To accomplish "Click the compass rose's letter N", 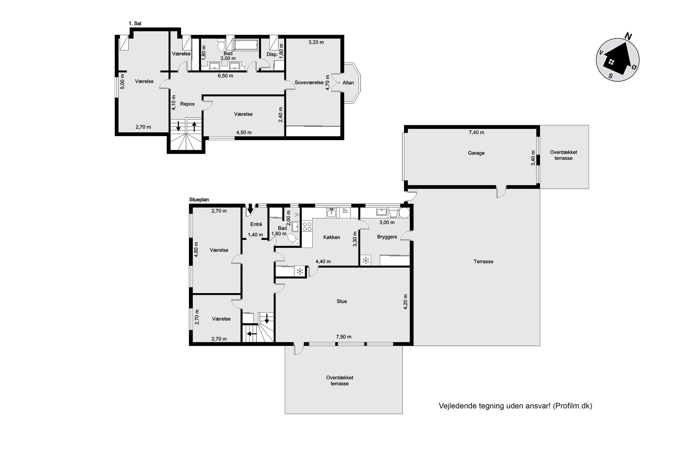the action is [628, 36].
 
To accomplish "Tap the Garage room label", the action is [476, 153].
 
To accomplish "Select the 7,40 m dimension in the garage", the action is [476, 132].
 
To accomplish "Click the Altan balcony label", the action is [348, 83].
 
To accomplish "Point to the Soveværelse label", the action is [309, 83].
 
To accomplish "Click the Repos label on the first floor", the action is [187, 104].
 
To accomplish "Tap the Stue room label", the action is [342, 301].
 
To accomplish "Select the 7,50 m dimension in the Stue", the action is [344, 337].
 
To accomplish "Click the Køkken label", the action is [331, 237].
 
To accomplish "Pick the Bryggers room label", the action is [387, 237].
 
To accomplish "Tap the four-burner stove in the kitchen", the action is [307, 226].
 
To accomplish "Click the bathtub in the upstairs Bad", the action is [246, 45].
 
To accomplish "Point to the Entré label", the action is [256, 224].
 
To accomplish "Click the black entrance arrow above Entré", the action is [250, 209].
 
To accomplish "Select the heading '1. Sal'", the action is [135, 24].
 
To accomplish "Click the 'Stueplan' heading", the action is [199, 200].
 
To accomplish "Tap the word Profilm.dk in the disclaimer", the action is [572, 406].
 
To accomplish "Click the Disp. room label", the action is [272, 54].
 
